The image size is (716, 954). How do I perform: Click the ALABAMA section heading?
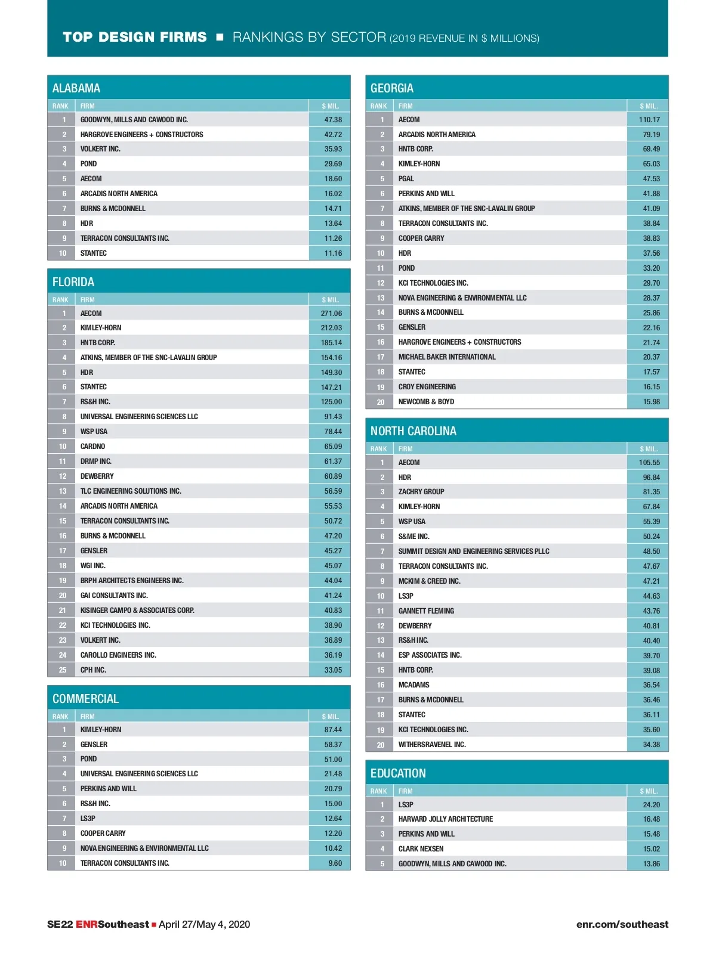click(76, 88)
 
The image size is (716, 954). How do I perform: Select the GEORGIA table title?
click(392, 88)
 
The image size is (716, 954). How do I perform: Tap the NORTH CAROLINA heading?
click(413, 431)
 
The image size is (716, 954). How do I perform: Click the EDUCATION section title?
click(398, 773)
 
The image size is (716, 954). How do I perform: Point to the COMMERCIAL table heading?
click(85, 699)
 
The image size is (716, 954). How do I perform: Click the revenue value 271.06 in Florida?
click(331, 314)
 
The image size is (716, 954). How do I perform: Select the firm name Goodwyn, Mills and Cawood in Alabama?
click(134, 120)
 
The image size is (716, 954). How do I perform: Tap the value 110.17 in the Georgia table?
click(649, 120)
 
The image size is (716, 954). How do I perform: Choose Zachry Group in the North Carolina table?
click(421, 492)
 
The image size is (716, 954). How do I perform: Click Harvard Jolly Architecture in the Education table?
click(446, 819)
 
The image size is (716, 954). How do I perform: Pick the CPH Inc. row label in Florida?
click(93, 670)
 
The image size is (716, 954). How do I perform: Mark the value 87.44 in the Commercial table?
click(333, 730)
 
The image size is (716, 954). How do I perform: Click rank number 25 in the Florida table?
click(63, 670)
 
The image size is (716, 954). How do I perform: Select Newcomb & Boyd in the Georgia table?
click(426, 402)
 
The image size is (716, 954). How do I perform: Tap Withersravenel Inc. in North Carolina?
click(432, 745)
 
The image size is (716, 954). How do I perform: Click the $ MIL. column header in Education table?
click(649, 791)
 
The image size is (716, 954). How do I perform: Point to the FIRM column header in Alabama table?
click(88, 106)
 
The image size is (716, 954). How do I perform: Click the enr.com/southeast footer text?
click(622, 925)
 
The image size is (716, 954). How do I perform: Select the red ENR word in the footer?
click(87, 925)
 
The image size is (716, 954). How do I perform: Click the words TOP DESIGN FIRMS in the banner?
click(135, 38)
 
